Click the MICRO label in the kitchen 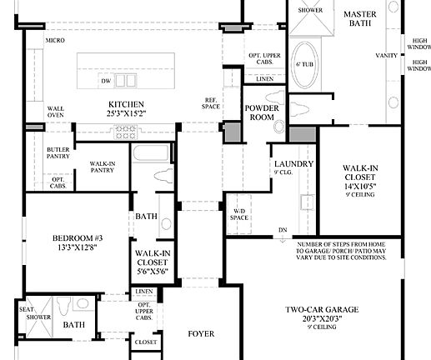[56, 40]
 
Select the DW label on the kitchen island [106, 81]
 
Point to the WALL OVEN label [56, 112]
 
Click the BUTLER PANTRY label [57, 152]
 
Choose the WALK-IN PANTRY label [102, 167]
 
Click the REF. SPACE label [212, 102]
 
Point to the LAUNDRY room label [293, 163]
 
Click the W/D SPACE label [240, 214]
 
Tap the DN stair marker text [283, 229]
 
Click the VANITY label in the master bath [387, 55]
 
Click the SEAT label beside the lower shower [26, 308]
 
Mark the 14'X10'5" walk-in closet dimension [361, 186]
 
